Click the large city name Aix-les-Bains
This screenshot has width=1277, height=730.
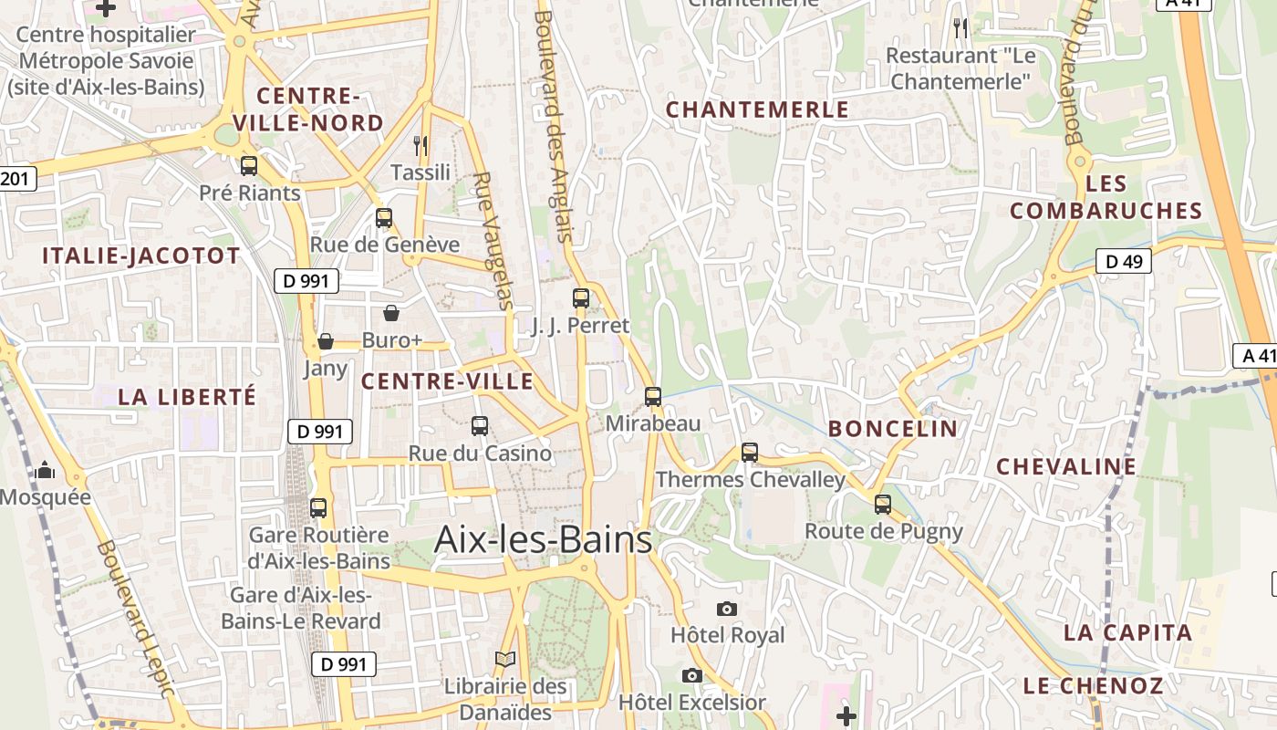(544, 539)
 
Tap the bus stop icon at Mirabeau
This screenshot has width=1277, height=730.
(653, 397)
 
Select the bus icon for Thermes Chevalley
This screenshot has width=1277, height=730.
(750, 452)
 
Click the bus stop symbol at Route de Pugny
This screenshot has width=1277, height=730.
(883, 504)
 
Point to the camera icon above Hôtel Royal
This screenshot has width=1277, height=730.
(727, 609)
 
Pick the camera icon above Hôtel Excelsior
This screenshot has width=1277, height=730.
(692, 675)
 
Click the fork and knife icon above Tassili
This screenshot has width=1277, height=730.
(420, 145)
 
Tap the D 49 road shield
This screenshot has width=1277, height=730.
(1124, 262)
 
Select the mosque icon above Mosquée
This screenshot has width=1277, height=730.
(45, 471)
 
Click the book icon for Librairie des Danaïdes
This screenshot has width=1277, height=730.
(505, 659)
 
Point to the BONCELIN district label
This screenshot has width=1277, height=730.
(893, 429)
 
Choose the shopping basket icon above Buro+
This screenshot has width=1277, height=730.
(391, 313)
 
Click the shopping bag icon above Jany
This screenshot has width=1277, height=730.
(326, 341)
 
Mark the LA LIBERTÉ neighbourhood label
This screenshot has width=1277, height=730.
(187, 397)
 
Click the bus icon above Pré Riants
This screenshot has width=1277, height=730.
(249, 166)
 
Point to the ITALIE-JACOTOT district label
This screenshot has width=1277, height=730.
(141, 256)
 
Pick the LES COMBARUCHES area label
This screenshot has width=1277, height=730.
(1106, 197)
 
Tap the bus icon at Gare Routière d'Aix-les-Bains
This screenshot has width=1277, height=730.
(318, 508)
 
